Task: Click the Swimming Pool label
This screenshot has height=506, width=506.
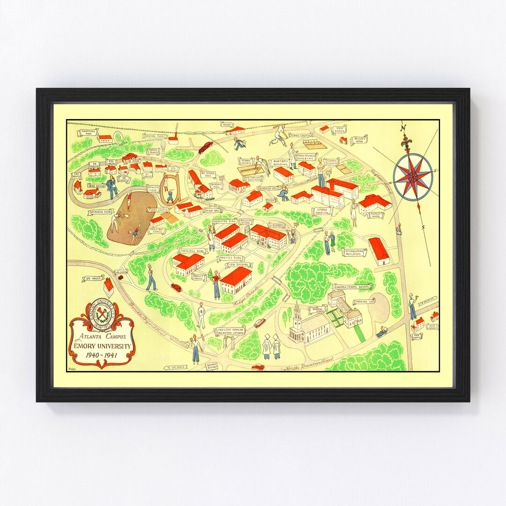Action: click(x=89, y=132)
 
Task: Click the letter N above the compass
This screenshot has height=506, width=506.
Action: click(x=402, y=128)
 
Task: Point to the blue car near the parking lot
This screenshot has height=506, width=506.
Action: click(x=382, y=332)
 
